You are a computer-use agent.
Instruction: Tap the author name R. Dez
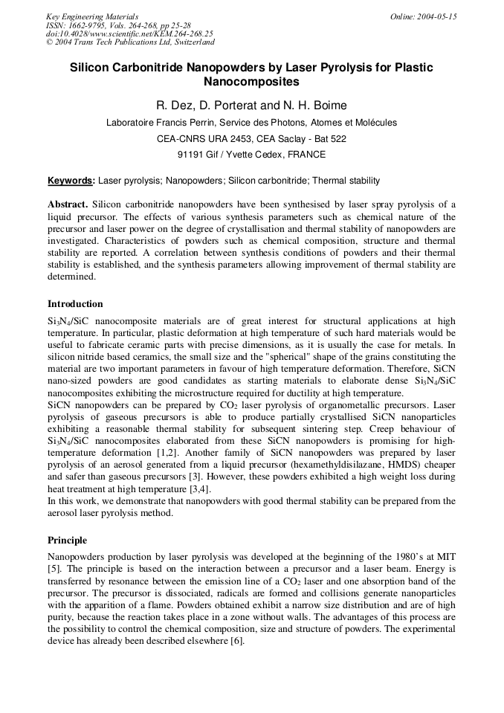click(x=174, y=106)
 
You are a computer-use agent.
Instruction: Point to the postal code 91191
click(x=191, y=155)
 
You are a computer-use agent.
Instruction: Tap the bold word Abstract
click(x=68, y=204)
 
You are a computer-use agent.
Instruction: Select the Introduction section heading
click(x=75, y=304)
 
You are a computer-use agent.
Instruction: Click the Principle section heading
click(x=67, y=541)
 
